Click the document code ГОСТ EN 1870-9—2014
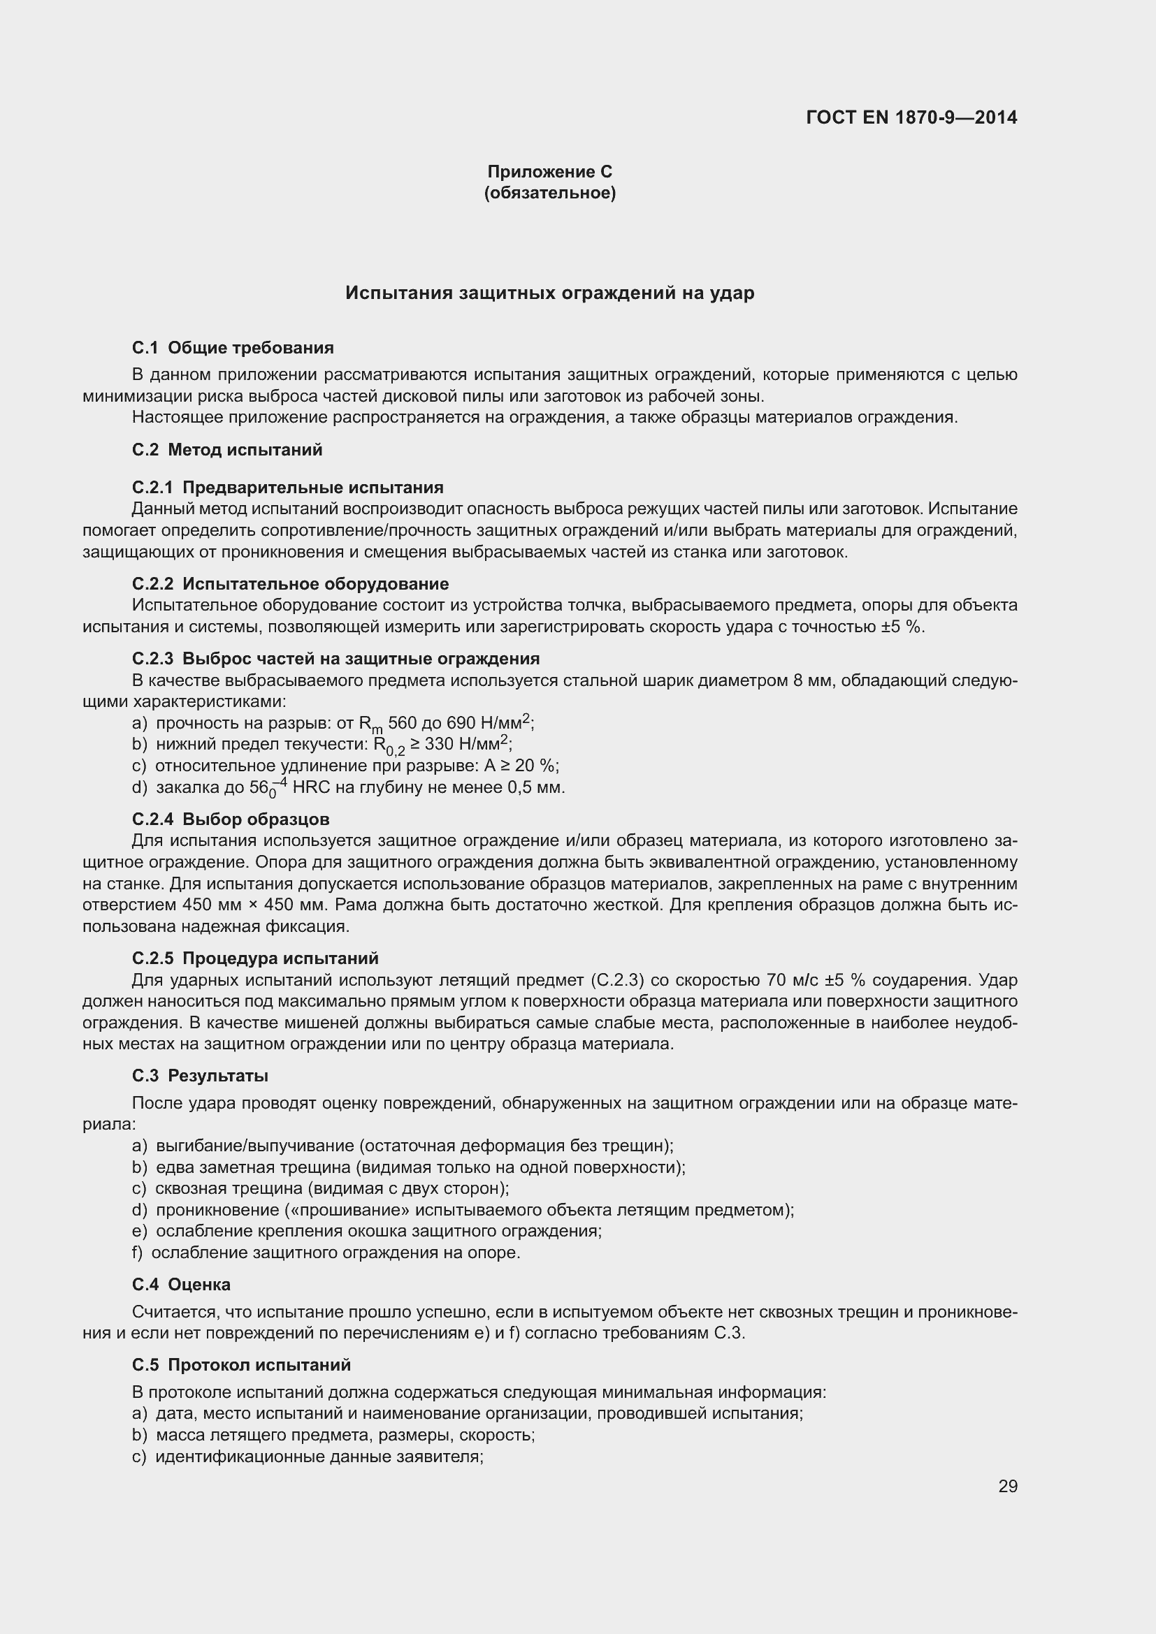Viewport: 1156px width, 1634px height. (911, 117)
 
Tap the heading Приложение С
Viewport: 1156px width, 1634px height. (549, 172)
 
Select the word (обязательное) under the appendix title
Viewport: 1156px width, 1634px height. (549, 193)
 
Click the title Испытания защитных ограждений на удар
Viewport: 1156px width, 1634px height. (549, 293)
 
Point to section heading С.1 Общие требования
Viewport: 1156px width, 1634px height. (233, 348)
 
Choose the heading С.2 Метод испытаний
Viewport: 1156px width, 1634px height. (227, 450)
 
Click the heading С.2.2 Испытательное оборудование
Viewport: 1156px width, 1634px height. (291, 583)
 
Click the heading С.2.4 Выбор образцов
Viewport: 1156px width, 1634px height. (231, 819)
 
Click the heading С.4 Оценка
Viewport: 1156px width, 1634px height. (181, 1285)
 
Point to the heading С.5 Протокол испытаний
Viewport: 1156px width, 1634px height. (241, 1365)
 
